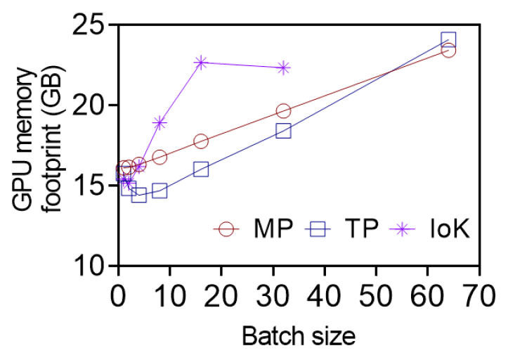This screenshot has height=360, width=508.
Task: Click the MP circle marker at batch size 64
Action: click(448, 50)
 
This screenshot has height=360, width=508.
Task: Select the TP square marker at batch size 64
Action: click(448, 39)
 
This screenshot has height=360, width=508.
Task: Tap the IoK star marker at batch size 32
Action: click(283, 67)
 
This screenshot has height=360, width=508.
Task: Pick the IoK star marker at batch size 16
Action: click(201, 63)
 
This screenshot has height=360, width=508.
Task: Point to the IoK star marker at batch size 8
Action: click(159, 123)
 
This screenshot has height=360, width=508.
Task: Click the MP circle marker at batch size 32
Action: click(283, 110)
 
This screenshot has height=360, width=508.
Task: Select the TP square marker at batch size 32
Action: click(283, 131)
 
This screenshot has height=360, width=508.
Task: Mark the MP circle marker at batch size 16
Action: click(201, 141)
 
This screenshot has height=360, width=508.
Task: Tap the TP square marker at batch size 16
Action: click(201, 169)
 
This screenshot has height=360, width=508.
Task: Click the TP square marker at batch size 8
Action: click(159, 191)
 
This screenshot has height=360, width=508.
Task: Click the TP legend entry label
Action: click(363, 229)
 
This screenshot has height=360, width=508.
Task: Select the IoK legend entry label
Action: click(450, 229)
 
